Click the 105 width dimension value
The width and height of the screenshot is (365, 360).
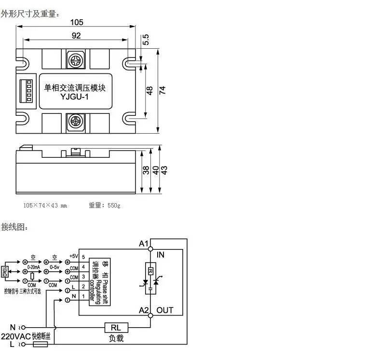(77, 22)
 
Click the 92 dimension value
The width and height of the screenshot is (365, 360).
(76, 35)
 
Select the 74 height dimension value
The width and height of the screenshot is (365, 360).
(162, 90)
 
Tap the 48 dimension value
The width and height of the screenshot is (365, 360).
(149, 90)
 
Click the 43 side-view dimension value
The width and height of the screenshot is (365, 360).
(164, 170)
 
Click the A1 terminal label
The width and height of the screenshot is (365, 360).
(143, 244)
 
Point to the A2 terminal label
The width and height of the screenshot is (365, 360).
(143, 310)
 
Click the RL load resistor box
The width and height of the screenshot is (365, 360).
(116, 328)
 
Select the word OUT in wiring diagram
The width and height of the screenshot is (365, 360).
(165, 310)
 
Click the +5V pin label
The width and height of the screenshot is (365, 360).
(73, 256)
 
